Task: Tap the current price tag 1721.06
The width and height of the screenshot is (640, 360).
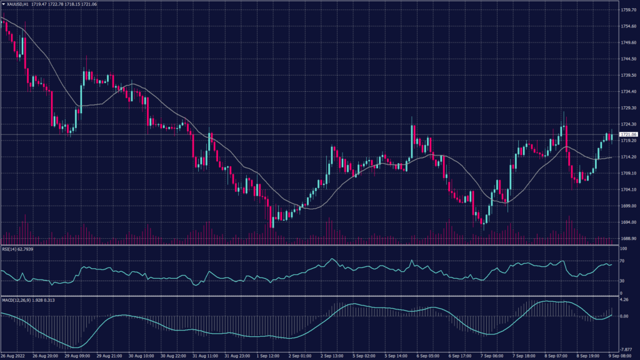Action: pyautogui.click(x=628, y=134)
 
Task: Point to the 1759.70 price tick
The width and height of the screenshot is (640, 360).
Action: pyautogui.click(x=628, y=10)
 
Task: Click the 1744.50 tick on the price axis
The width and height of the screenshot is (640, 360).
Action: pyautogui.click(x=628, y=59)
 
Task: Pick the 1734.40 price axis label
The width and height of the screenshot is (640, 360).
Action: pyautogui.click(x=628, y=91)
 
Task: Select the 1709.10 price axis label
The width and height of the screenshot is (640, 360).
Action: pyautogui.click(x=628, y=173)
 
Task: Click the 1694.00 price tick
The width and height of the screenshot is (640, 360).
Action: pyautogui.click(x=628, y=222)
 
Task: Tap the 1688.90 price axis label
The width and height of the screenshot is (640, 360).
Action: pyautogui.click(x=628, y=238)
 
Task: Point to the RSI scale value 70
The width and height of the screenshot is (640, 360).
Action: pyautogui.click(x=623, y=261)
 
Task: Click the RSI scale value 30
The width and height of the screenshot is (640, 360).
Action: pyautogui.click(x=623, y=281)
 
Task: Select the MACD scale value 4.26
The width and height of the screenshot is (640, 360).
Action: pyautogui.click(x=624, y=299)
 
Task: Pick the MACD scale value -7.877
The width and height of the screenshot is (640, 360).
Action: pyautogui.click(x=626, y=349)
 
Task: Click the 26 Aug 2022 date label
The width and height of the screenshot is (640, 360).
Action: pyautogui.click(x=13, y=356)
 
